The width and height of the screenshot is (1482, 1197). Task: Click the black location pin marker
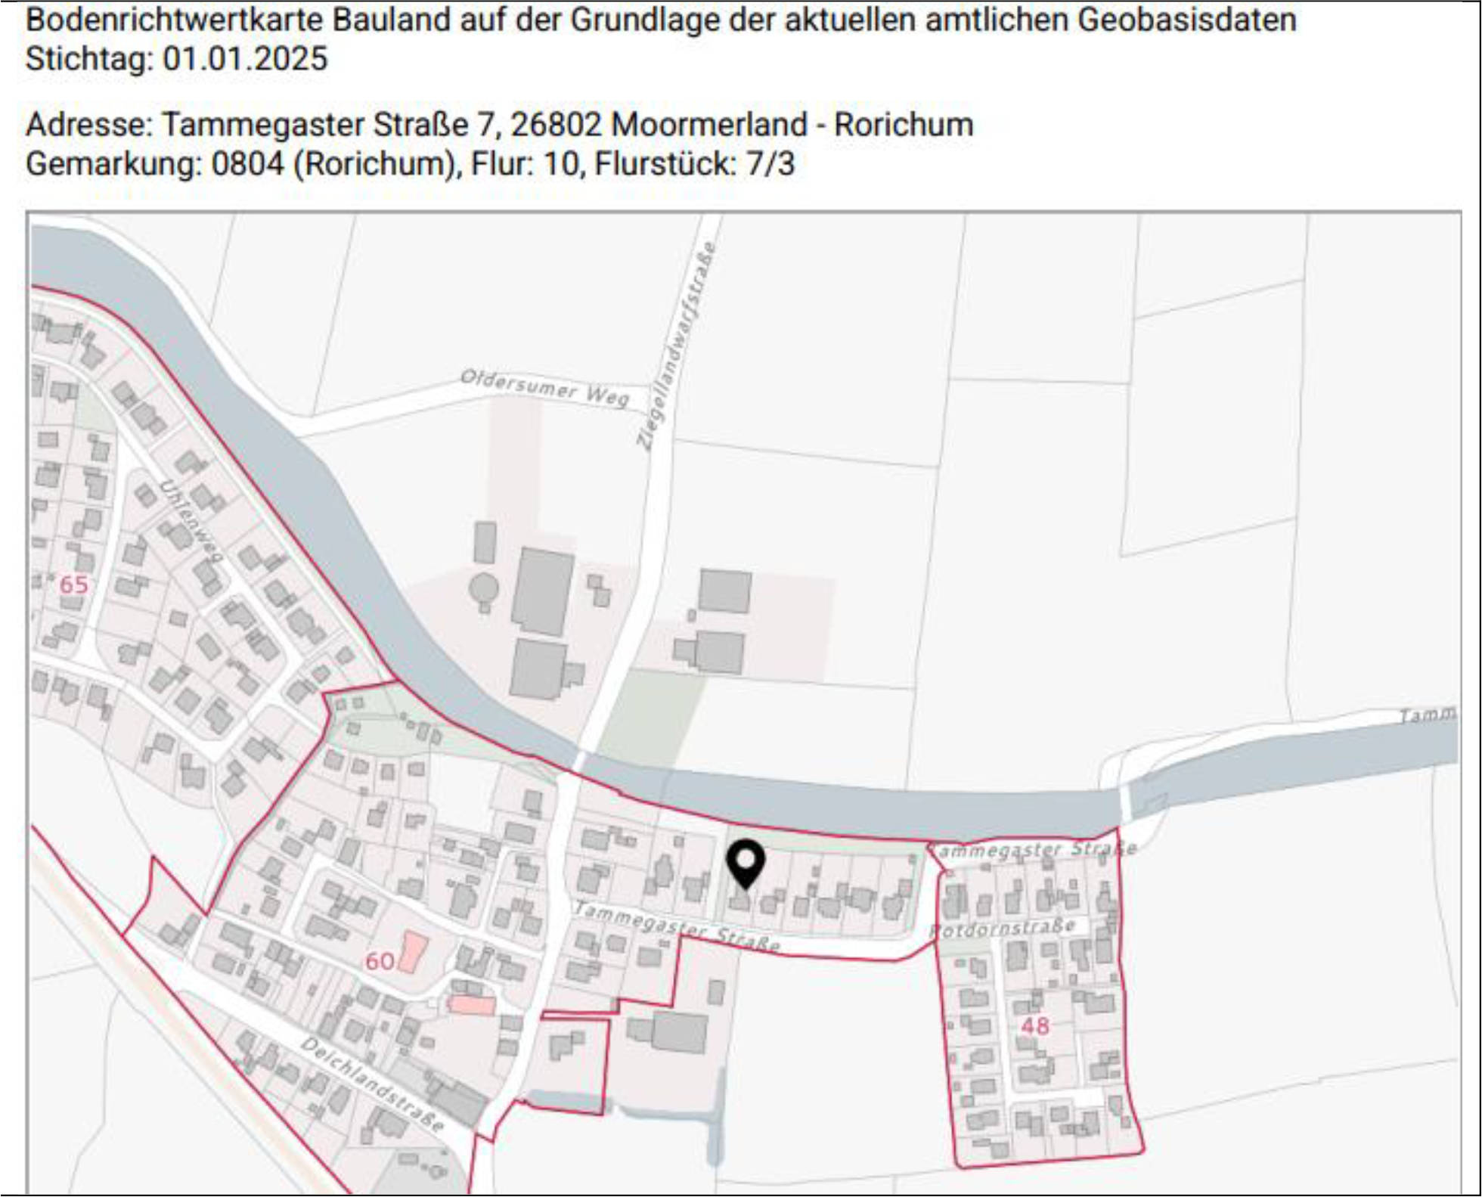click(746, 862)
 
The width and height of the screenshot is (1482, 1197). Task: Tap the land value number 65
click(73, 585)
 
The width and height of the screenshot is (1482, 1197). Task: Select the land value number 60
click(380, 960)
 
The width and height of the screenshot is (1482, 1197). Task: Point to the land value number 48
click(1035, 1026)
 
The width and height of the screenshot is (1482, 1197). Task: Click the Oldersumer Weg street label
click(544, 387)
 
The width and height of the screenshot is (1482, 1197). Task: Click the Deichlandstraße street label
click(372, 1084)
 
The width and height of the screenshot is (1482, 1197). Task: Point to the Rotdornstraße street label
click(1003, 928)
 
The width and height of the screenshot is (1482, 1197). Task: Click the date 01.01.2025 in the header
click(245, 59)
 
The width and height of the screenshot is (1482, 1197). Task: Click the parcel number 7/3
click(770, 164)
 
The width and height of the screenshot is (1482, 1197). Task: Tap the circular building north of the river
click(483, 588)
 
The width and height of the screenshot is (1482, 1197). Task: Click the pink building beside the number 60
click(413, 951)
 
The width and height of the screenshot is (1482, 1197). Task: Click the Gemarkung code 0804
click(247, 164)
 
